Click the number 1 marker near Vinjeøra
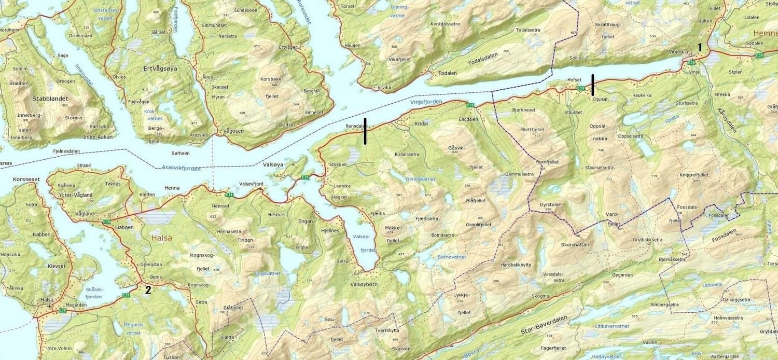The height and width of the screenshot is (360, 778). pyautogui.click(x=700, y=47)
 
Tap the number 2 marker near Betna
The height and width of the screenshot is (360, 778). pyautogui.click(x=148, y=290)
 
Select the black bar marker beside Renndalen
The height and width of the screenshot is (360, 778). pyautogui.click(x=365, y=131)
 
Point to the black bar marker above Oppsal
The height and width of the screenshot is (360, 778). pyautogui.click(x=593, y=85)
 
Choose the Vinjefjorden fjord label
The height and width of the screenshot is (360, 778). pyautogui.click(x=426, y=102)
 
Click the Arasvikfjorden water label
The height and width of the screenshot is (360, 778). pyautogui.click(x=181, y=168)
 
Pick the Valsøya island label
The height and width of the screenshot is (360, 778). pyautogui.click(x=273, y=164)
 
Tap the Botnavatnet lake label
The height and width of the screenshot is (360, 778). pyautogui.click(x=441, y=257)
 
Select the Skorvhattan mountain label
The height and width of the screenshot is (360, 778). pyautogui.click(x=575, y=244)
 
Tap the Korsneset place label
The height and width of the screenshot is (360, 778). pyautogui.click(x=26, y=179)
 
